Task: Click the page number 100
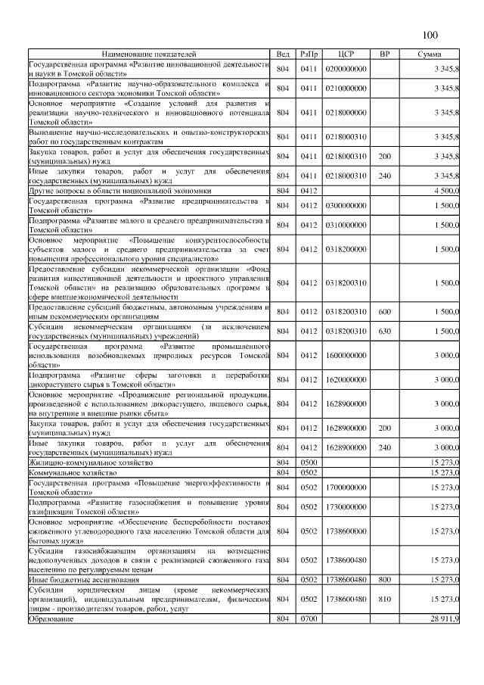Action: click(x=430, y=35)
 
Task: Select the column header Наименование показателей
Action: click(x=150, y=54)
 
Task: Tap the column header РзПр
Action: click(x=308, y=54)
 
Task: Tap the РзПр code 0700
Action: click(x=308, y=619)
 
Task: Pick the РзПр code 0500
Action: click(x=308, y=462)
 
